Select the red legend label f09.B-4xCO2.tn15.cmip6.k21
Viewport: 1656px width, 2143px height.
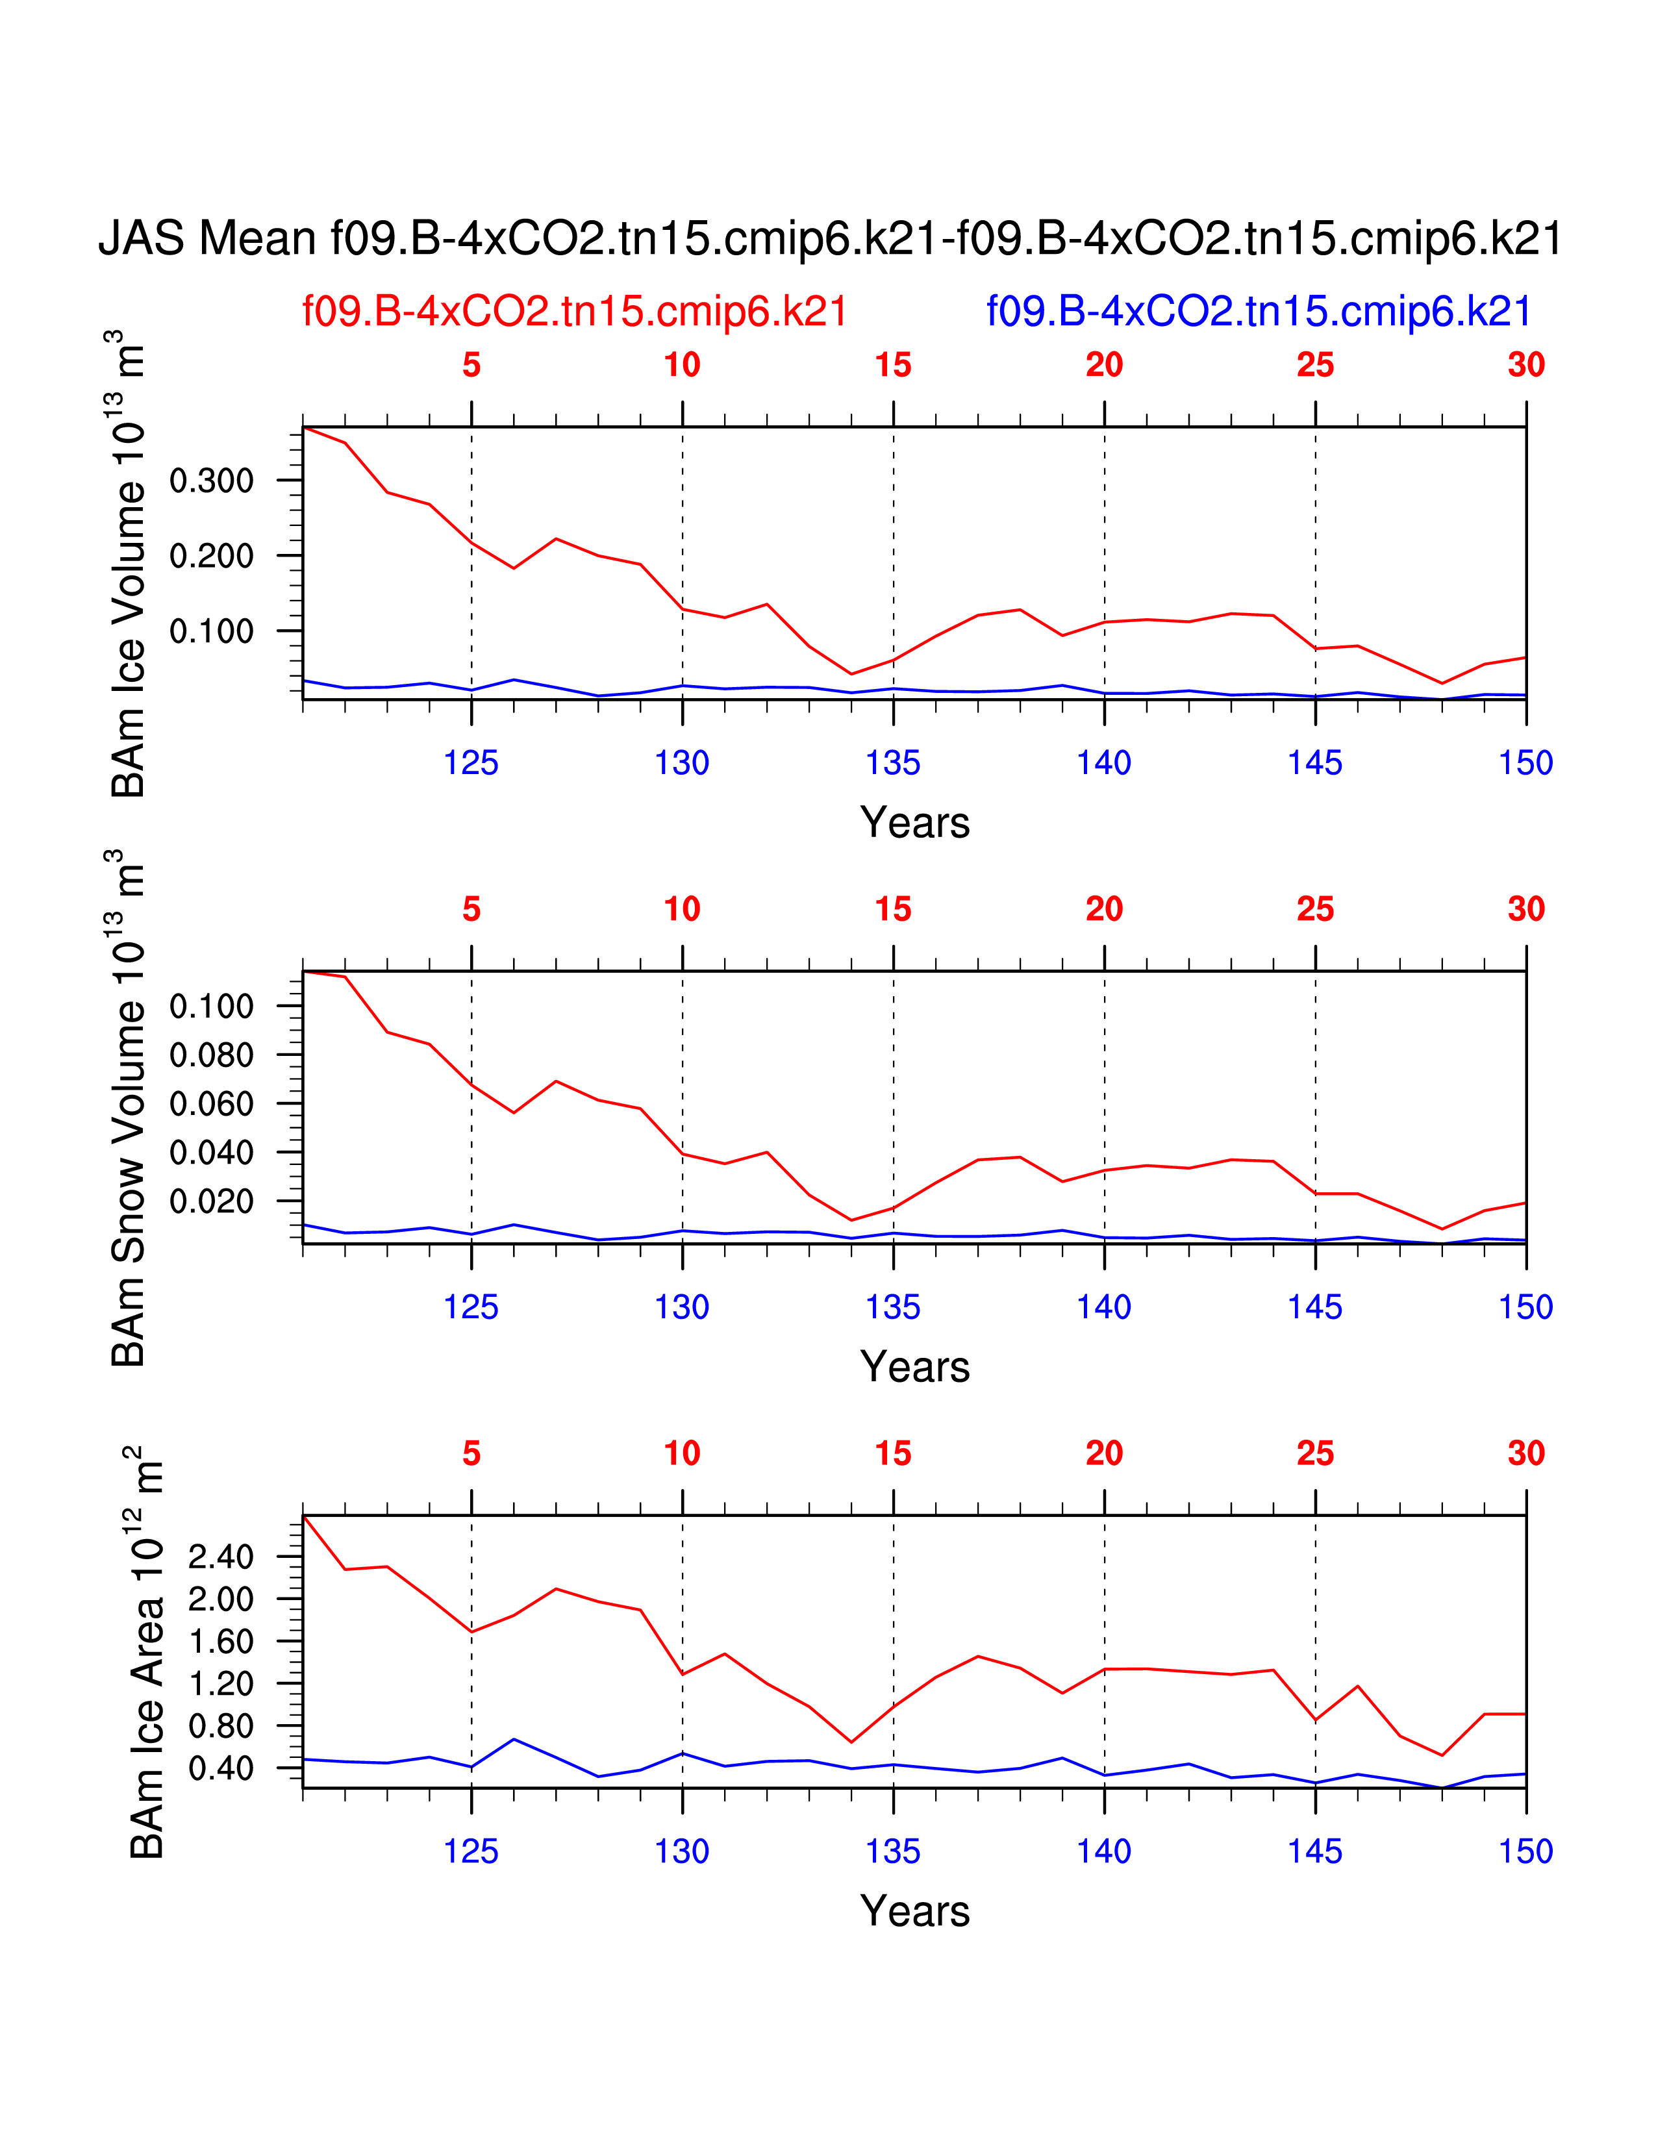point(574,312)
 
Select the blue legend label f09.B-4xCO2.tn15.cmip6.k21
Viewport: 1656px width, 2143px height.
point(1259,312)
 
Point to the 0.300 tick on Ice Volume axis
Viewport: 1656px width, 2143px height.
point(211,481)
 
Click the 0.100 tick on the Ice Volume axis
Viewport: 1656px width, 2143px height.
point(211,631)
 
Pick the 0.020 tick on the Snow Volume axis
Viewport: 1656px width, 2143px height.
point(211,1201)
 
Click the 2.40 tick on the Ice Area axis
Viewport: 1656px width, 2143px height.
point(221,1556)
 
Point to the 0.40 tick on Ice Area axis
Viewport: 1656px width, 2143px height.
point(221,1768)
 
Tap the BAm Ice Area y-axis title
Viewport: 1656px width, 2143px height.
point(147,1653)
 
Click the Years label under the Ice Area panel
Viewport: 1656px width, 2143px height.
point(914,1911)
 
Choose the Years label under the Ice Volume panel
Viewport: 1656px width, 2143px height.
point(914,822)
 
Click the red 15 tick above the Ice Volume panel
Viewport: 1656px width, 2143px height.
point(893,365)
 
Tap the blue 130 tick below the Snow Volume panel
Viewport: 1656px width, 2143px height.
point(682,1307)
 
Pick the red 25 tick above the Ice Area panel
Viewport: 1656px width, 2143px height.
point(1314,1453)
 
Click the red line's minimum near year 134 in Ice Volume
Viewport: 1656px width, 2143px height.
point(851,674)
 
